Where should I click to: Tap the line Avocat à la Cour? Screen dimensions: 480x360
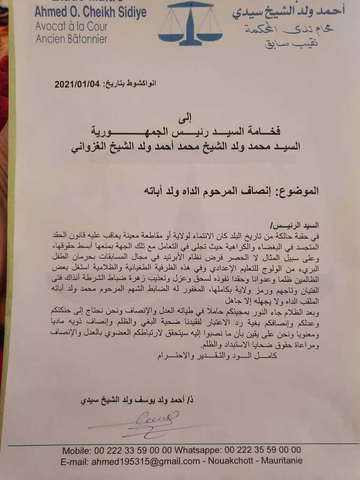tap(71, 27)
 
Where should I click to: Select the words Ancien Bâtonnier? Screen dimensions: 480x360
tap(71, 40)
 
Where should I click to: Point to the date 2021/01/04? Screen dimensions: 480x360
tap(77, 84)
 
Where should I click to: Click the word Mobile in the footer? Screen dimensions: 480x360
tap(78, 450)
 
